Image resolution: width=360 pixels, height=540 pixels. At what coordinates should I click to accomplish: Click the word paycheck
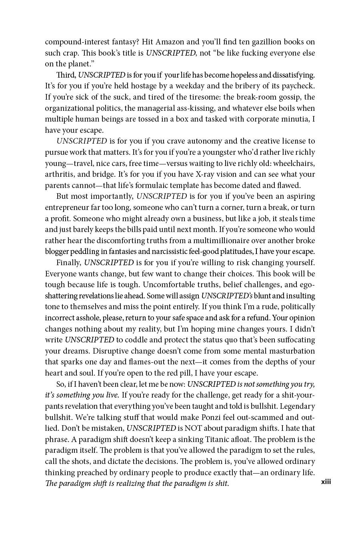point(299,86)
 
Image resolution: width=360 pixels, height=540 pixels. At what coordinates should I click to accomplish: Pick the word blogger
point(57,252)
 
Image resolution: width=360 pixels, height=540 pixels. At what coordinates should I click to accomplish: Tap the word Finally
point(69,263)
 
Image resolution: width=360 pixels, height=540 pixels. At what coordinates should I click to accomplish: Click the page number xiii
point(326,482)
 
